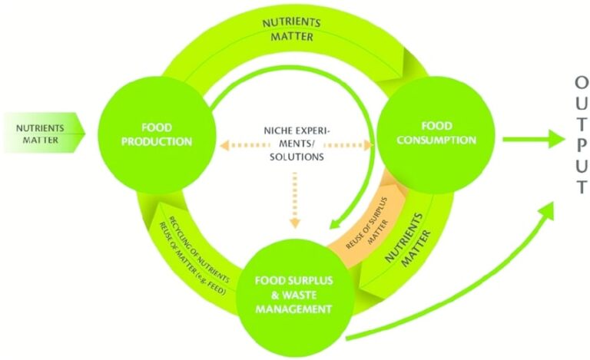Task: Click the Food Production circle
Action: click(156, 131)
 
